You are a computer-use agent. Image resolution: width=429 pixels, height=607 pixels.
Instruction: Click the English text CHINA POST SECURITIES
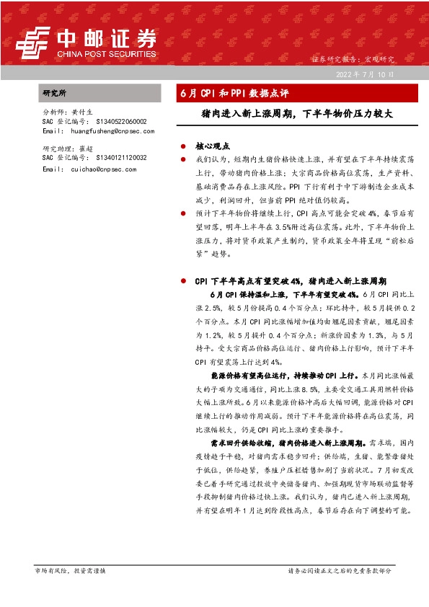[x=105, y=53]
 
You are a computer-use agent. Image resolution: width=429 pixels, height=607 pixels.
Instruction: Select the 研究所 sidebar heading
[x=54, y=94]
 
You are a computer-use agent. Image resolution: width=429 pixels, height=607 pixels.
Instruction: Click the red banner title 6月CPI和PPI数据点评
[x=234, y=94]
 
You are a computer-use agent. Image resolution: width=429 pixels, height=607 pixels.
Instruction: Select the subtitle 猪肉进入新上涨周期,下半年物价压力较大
[x=296, y=113]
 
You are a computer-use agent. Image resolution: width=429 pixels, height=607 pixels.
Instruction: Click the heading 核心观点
[x=211, y=145]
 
